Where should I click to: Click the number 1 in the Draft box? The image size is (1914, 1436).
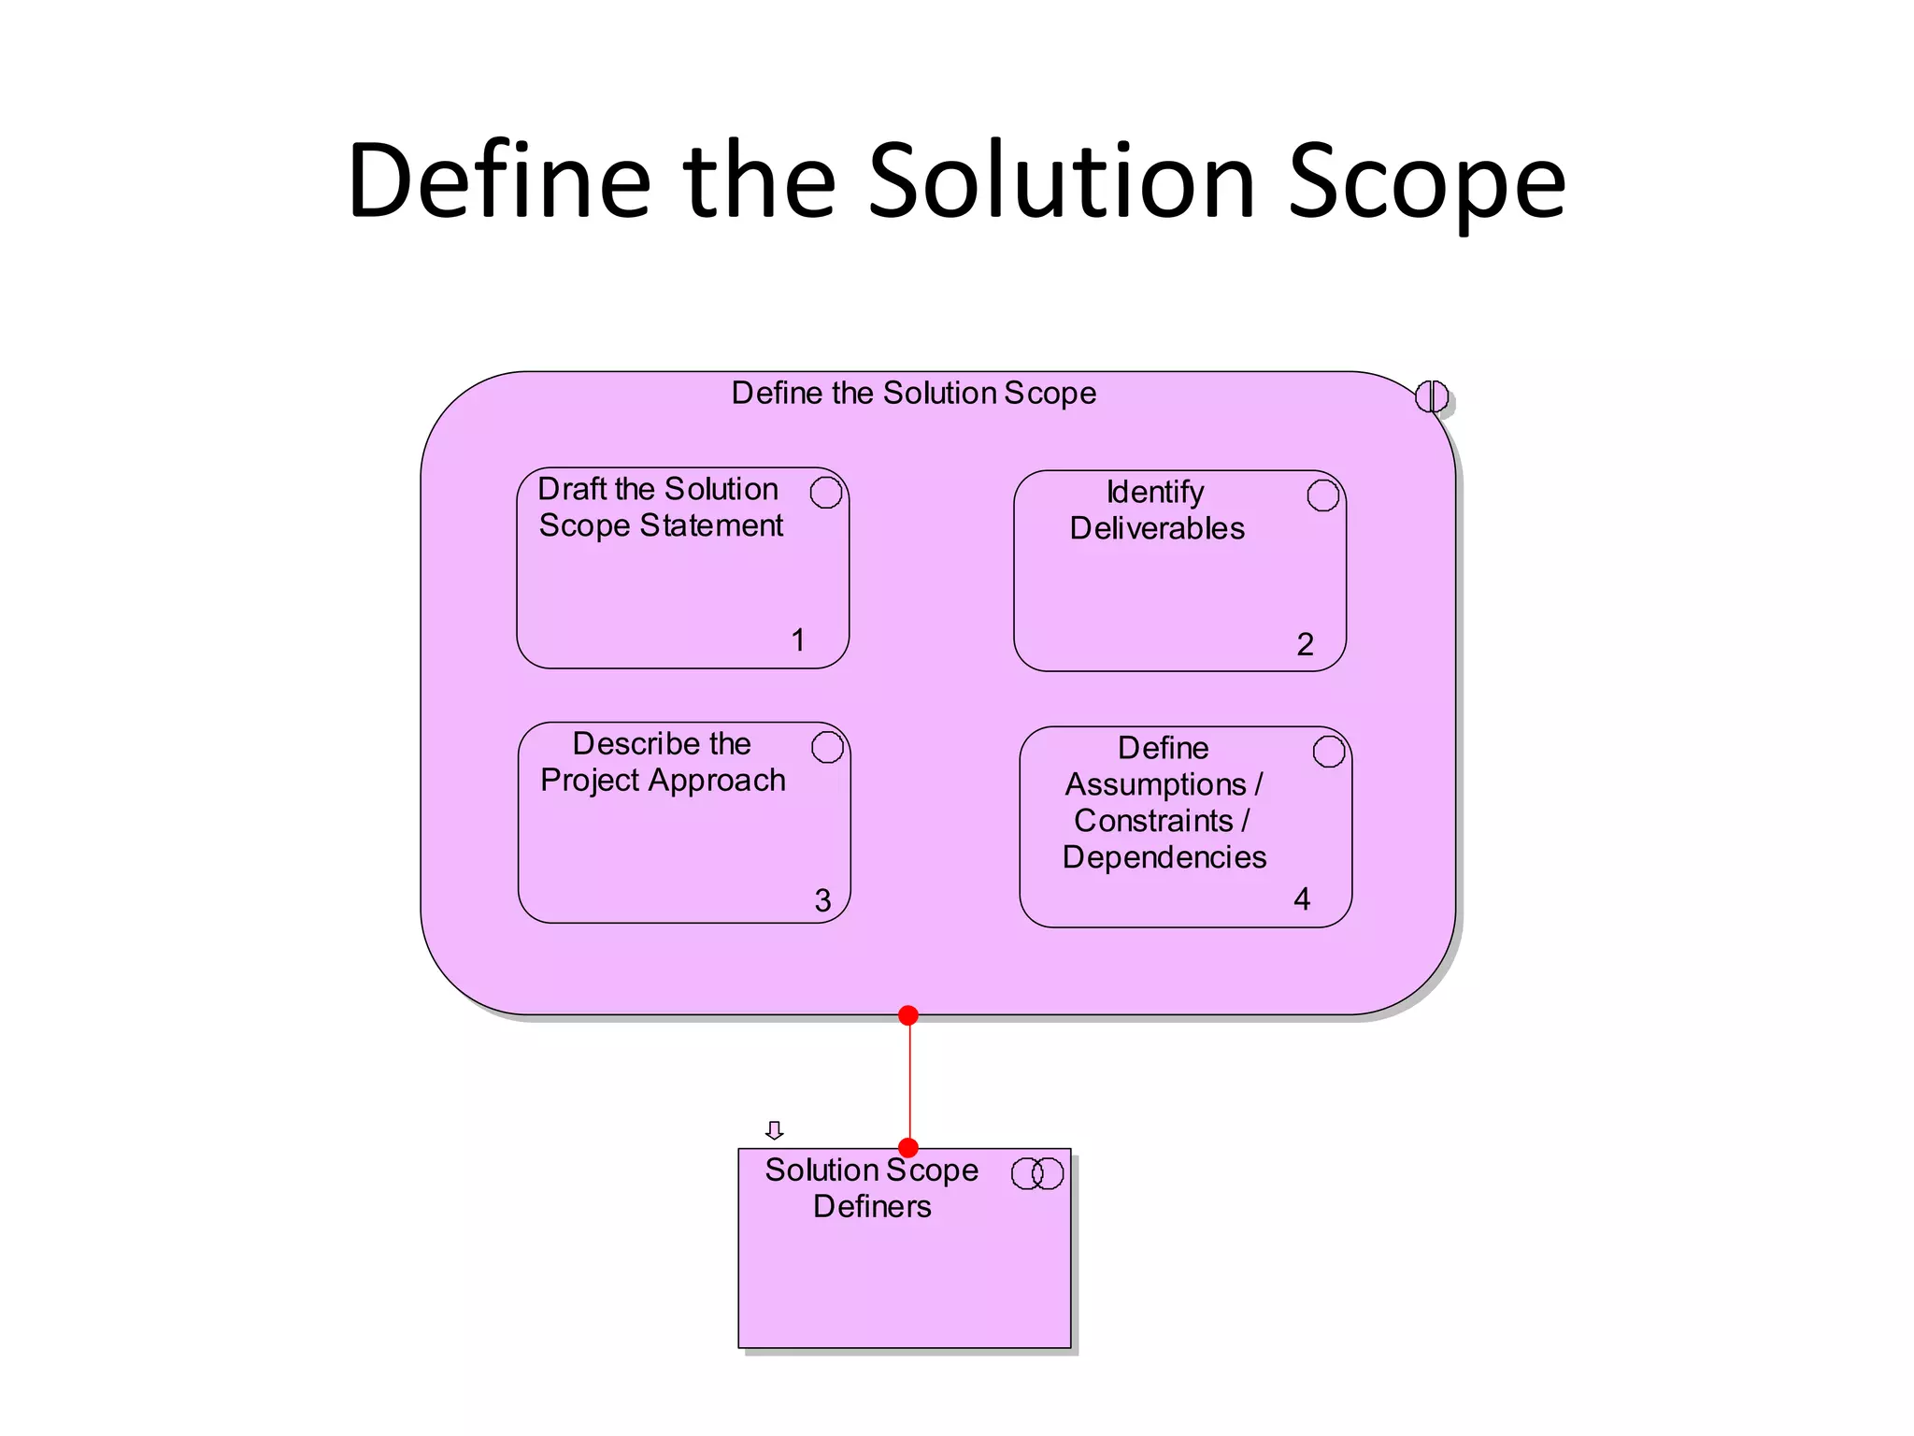(x=798, y=640)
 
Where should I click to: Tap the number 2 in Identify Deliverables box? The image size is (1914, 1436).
(x=1306, y=644)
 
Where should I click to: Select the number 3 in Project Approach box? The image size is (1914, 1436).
(x=822, y=900)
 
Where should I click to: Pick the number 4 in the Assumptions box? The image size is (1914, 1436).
(x=1302, y=899)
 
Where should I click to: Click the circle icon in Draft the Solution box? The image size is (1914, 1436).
(x=826, y=493)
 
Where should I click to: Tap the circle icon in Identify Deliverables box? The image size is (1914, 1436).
(x=1323, y=495)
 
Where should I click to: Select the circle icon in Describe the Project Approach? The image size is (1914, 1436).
(x=827, y=748)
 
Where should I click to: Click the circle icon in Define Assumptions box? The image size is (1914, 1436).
(x=1329, y=752)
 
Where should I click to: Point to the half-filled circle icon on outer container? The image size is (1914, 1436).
(x=1432, y=396)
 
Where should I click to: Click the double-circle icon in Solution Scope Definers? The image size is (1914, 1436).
(x=1037, y=1173)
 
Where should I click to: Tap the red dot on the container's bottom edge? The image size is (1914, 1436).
(x=908, y=1015)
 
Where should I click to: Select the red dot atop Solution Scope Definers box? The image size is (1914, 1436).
(x=908, y=1148)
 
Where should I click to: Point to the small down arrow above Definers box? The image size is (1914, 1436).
(x=774, y=1130)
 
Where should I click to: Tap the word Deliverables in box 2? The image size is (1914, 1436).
(x=1157, y=529)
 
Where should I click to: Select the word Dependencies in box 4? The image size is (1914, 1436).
(x=1164, y=857)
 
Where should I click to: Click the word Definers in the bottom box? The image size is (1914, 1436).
(x=872, y=1207)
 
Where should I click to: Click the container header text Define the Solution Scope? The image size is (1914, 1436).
(x=913, y=394)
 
